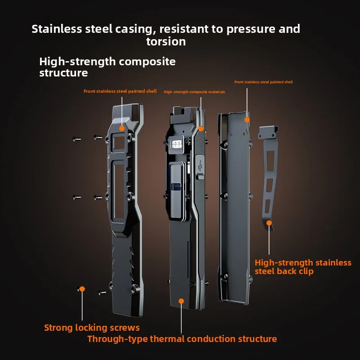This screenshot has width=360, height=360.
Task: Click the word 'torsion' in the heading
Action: tap(166, 41)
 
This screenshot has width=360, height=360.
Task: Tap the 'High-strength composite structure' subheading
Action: tap(107, 67)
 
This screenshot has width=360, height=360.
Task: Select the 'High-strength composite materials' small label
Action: tap(194, 92)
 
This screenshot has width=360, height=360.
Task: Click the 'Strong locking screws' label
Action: tap(92, 328)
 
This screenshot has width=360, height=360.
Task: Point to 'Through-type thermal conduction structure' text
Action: tap(182, 339)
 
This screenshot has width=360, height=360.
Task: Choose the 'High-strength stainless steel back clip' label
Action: tap(303, 267)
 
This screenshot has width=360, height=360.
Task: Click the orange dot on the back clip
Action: tap(269, 223)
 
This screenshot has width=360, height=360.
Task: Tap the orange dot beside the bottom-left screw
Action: tap(82, 289)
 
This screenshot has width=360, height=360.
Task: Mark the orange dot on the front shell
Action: tap(122, 128)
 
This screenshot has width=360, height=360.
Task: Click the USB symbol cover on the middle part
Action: tap(200, 166)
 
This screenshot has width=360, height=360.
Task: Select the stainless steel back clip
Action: tap(268, 177)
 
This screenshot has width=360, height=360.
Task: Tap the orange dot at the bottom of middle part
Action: tap(181, 301)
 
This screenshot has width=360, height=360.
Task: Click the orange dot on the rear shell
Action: tap(247, 120)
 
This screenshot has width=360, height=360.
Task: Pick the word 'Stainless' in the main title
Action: tap(57, 29)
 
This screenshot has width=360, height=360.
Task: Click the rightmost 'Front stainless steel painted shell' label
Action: tap(263, 82)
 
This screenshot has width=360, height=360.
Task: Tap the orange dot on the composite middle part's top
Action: tap(201, 129)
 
